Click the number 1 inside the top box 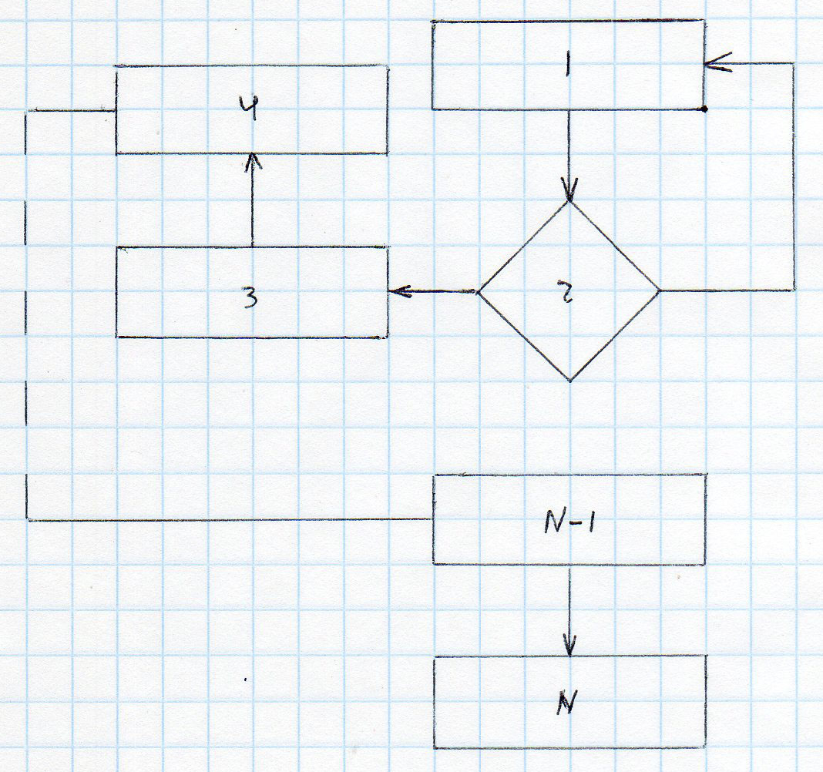point(567,68)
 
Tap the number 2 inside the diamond point(569,293)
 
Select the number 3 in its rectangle point(250,297)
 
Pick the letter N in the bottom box point(568,704)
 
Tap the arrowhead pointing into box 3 point(397,291)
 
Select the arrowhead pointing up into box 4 point(252,161)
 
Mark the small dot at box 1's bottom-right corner point(704,109)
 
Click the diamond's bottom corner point point(569,381)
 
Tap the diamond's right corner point point(660,291)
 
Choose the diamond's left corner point point(478,292)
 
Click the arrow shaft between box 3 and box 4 point(252,204)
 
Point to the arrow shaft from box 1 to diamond point(569,150)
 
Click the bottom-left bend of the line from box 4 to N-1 point(28,520)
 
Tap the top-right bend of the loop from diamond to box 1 point(794,63)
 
